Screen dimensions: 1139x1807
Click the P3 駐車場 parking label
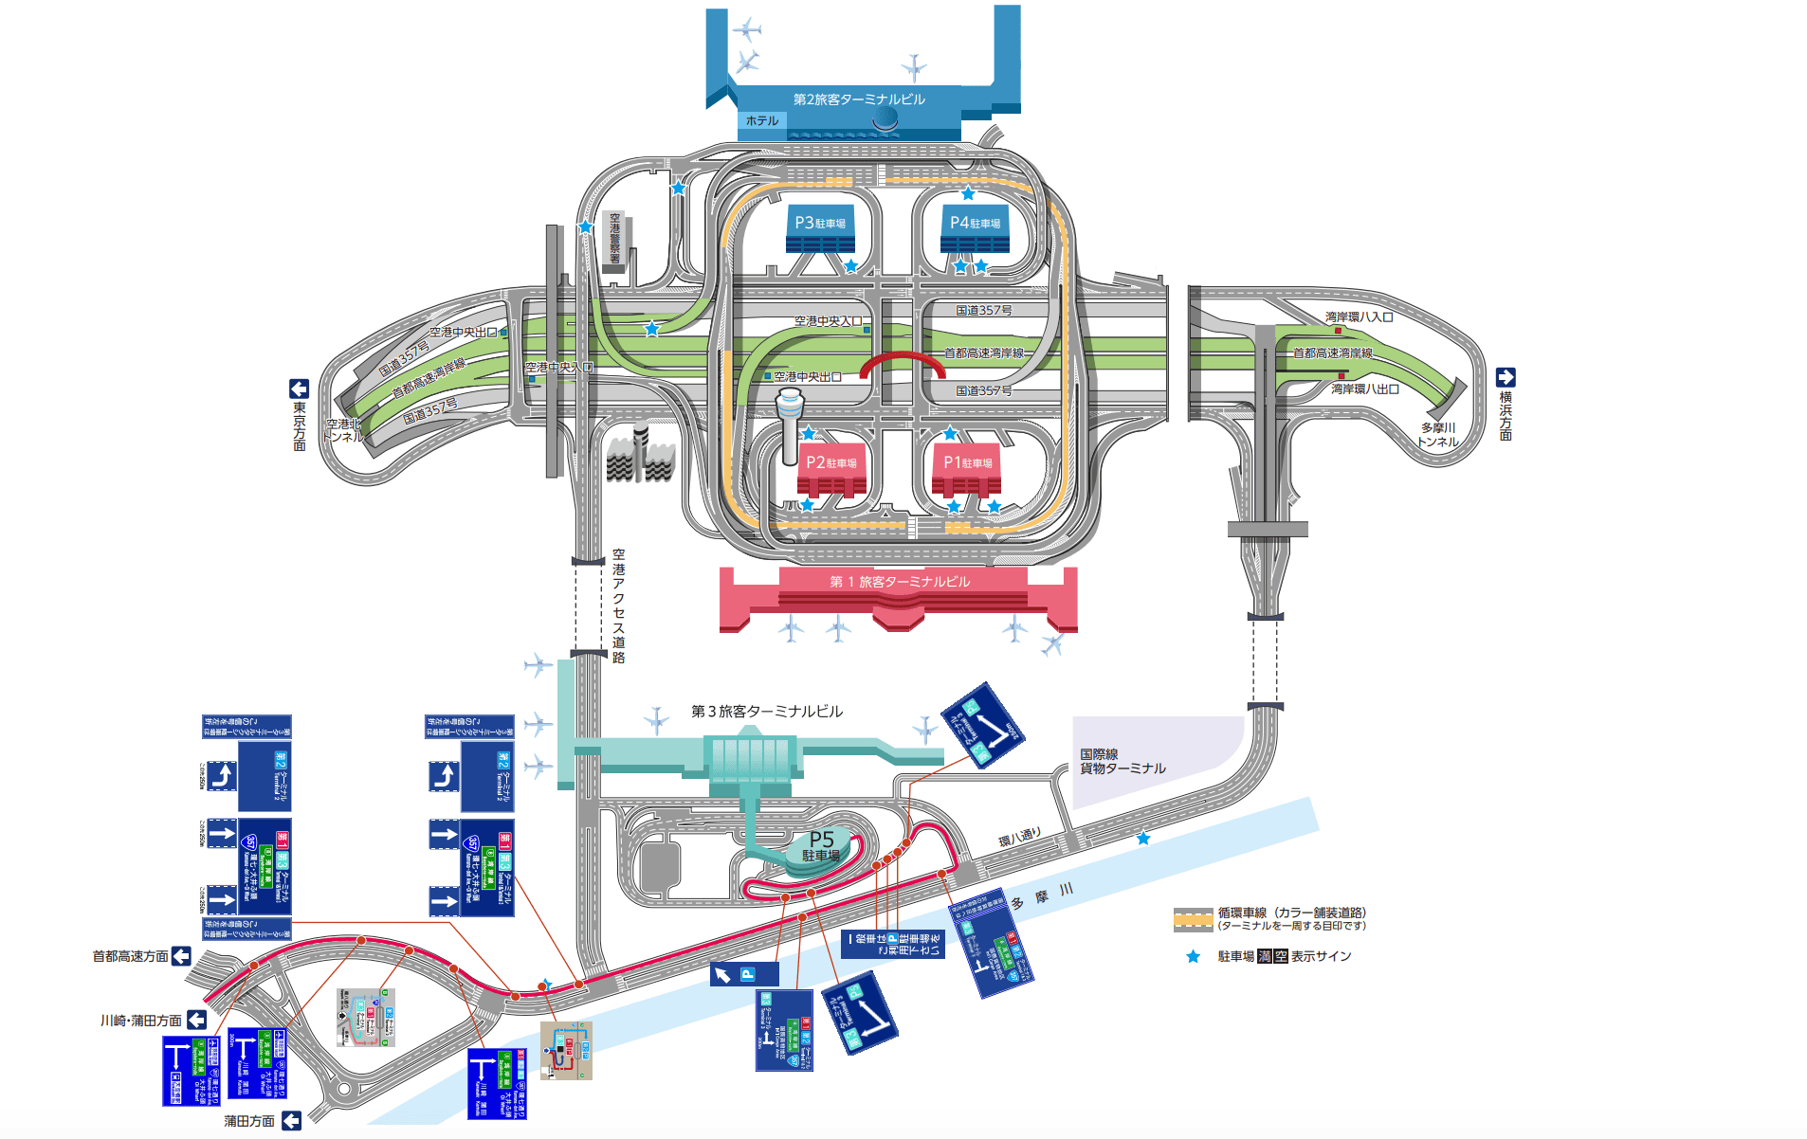[820, 223]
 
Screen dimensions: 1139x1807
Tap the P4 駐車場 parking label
[975, 223]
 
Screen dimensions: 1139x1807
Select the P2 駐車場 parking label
[830, 462]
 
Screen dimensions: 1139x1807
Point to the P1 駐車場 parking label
[967, 462]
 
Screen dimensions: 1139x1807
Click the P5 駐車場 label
[821, 845]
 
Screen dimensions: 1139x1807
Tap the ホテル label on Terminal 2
[762, 120]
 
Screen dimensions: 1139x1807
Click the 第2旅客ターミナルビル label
[859, 99]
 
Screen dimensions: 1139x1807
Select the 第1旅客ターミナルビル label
[900, 581]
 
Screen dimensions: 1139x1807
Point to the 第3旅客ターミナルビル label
[766, 711]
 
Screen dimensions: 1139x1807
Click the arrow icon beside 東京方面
[299, 389]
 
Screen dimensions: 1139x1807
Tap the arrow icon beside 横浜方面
[1506, 376]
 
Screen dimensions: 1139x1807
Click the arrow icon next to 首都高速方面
[181, 956]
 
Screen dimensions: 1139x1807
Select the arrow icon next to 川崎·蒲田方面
[196, 1020]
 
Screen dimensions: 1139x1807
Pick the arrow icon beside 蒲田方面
[291, 1120]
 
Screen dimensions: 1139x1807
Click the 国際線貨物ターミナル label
[1123, 761]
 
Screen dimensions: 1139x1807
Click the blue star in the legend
[1193, 956]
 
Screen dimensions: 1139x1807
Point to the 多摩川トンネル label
[1437, 434]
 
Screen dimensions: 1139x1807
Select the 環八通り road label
[1019, 838]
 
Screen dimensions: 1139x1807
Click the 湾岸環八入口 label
[1359, 316]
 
